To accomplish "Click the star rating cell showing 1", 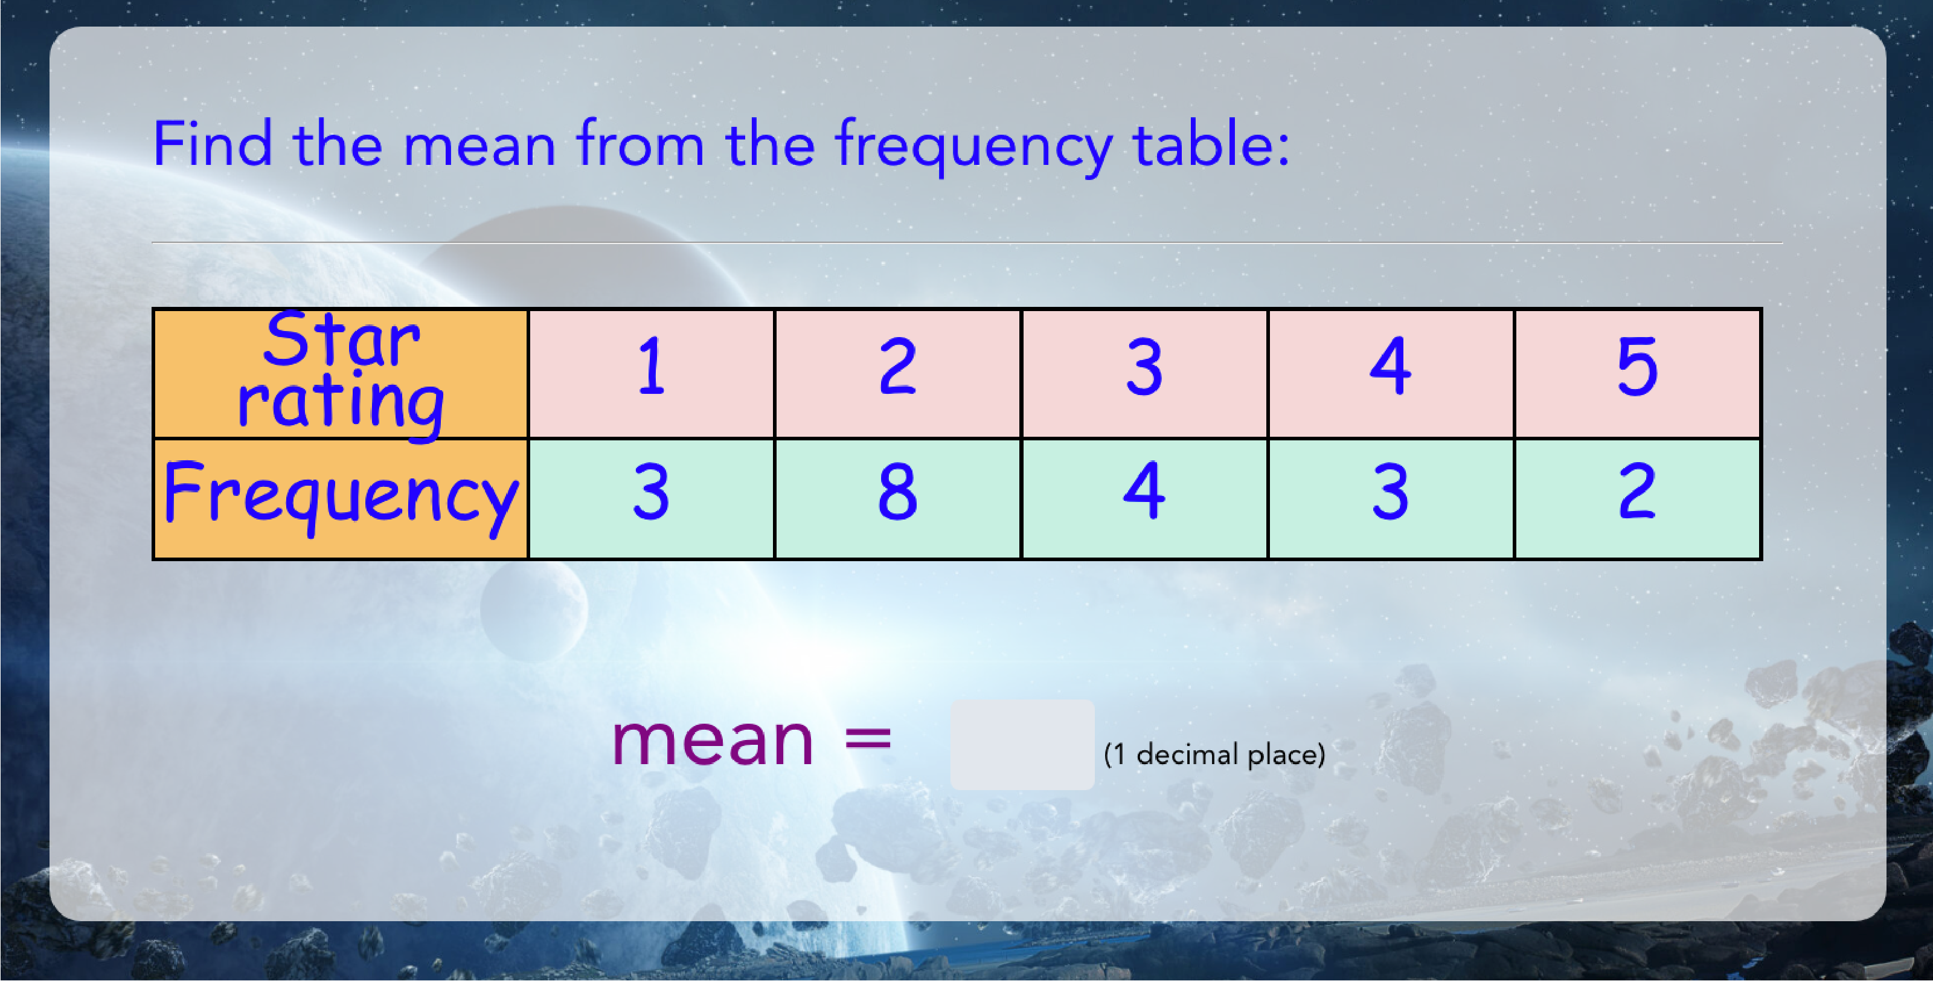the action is [x=652, y=374].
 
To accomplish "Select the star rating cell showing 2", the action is [x=897, y=374].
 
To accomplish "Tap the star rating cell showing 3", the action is [x=1144, y=374].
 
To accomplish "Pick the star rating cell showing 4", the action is [x=1391, y=374].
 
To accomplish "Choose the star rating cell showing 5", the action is [x=1637, y=374].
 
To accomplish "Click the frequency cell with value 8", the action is [x=897, y=499].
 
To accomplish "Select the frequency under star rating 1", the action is [x=652, y=499].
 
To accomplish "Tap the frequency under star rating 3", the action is [x=1144, y=499].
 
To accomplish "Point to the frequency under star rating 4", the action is [x=1391, y=499].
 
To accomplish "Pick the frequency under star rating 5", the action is [x=1637, y=499].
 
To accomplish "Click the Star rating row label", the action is [x=341, y=374].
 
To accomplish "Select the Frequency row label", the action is [x=341, y=499].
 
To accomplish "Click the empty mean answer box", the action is [x=1022, y=745].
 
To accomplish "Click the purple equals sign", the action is [x=868, y=739].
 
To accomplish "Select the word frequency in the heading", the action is [x=974, y=147].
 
